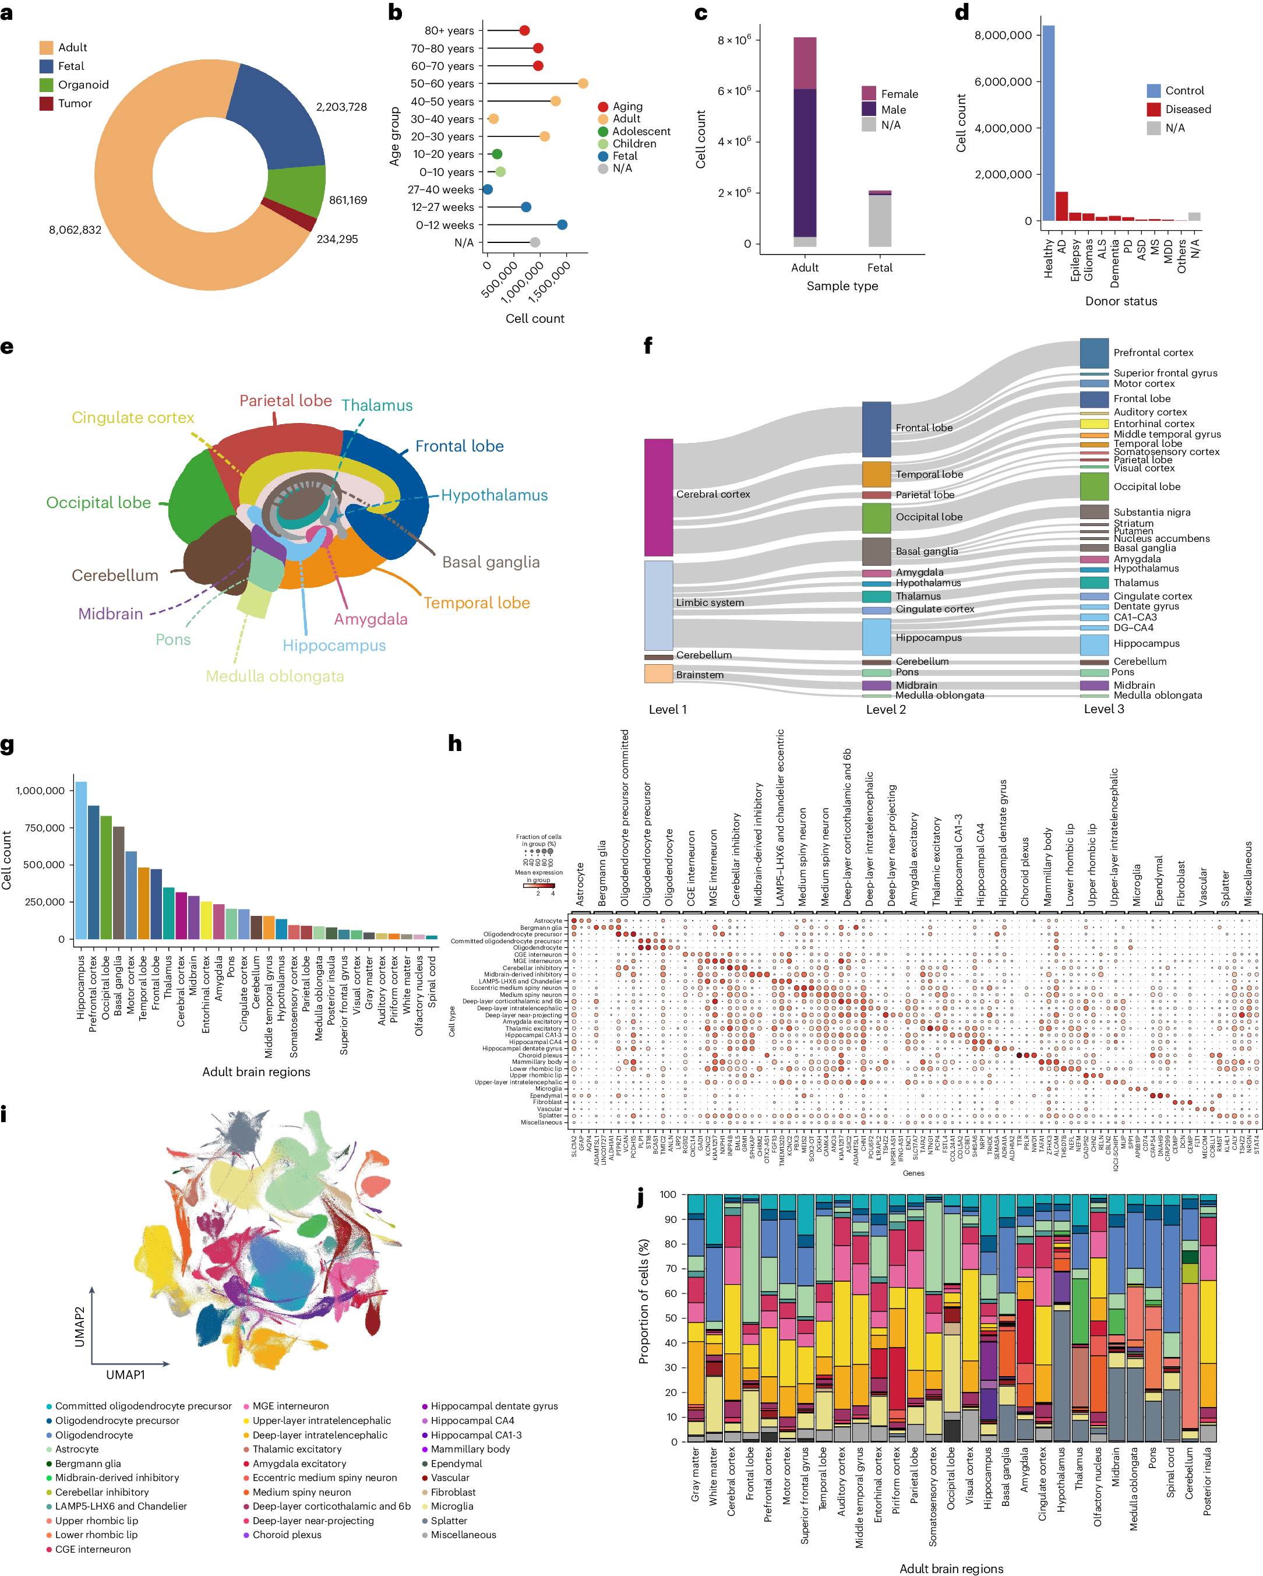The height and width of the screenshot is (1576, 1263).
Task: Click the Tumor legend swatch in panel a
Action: (46, 104)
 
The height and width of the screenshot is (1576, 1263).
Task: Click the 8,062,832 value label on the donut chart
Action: (75, 230)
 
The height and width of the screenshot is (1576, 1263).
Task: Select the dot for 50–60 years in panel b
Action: (583, 83)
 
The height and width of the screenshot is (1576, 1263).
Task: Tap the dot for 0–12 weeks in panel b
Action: (562, 224)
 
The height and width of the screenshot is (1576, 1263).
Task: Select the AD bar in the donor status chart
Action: (1061, 206)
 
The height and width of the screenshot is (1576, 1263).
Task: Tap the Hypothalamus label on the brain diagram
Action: (494, 495)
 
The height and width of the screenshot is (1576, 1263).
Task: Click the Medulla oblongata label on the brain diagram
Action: (275, 676)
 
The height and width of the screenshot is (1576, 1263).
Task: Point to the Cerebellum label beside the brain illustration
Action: (115, 575)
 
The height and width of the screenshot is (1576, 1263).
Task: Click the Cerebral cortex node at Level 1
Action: (658, 497)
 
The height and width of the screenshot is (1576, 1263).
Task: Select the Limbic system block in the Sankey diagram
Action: (658, 605)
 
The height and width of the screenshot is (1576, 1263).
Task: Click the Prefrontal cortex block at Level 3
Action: (1094, 353)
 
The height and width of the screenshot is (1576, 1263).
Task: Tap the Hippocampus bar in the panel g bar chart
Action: (81, 859)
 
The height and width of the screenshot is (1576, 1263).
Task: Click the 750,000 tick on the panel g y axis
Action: (41, 827)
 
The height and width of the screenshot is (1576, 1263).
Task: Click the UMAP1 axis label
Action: (126, 1375)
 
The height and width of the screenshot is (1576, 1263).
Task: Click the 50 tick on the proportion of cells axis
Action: (669, 1318)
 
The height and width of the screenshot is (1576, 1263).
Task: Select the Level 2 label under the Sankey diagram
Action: (886, 709)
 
